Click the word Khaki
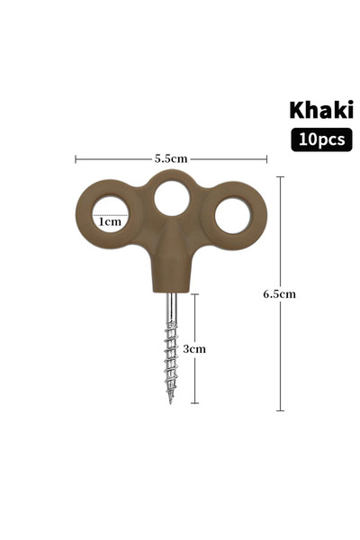click(x=321, y=110)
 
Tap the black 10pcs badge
click(x=321, y=139)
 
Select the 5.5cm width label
click(x=170, y=158)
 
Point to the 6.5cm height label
click(x=279, y=294)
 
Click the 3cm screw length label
click(x=194, y=349)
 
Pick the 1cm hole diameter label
click(x=110, y=221)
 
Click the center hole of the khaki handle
click(x=172, y=199)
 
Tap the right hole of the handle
click(x=232, y=216)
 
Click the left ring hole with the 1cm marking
click(x=111, y=215)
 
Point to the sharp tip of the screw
click(x=170, y=402)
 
